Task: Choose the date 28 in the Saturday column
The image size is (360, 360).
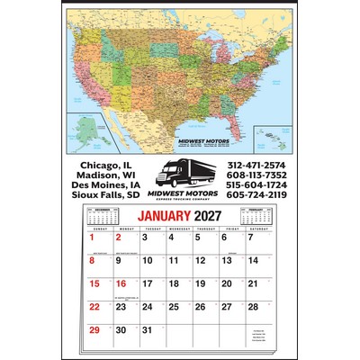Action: pyautogui.click(x=254, y=308)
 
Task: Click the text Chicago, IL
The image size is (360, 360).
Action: pyautogui.click(x=106, y=165)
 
